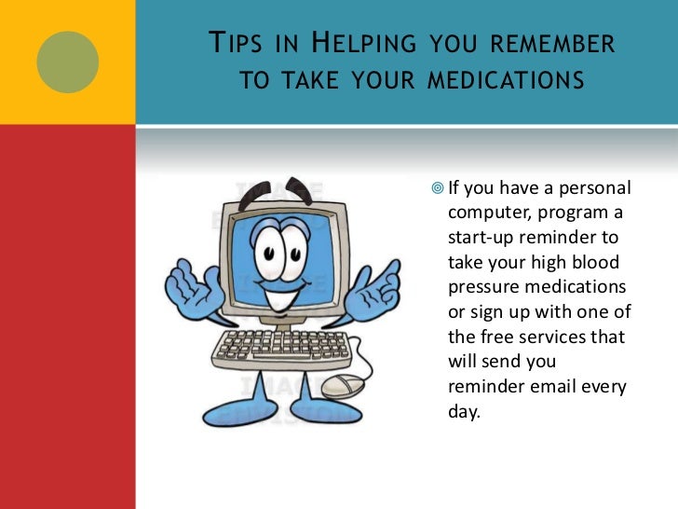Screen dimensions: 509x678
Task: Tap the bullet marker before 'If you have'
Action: (x=438, y=187)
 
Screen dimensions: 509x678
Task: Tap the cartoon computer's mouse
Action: (x=341, y=384)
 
